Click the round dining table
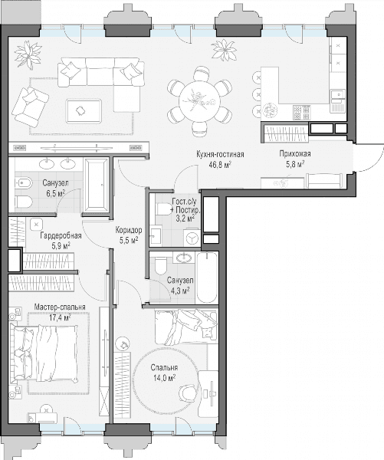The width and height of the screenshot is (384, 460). (199, 100)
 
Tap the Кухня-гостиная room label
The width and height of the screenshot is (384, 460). (220, 154)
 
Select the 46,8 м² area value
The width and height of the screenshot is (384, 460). (219, 164)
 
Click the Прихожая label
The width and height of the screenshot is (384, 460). (295, 154)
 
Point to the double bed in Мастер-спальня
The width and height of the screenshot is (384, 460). (44, 353)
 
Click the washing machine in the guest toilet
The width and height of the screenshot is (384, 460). (192, 238)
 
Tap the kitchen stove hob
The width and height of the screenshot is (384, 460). (301, 113)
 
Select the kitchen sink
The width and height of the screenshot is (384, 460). (338, 95)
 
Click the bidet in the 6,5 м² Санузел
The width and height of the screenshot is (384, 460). (22, 183)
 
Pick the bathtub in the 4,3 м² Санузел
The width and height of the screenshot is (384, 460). (207, 278)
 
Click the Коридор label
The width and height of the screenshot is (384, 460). (129, 230)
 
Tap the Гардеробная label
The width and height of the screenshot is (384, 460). (61, 235)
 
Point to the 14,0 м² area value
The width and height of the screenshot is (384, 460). (164, 377)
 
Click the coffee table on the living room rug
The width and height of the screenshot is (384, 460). (84, 111)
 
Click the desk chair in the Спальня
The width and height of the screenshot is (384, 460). (188, 393)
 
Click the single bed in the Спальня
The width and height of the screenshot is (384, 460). (186, 327)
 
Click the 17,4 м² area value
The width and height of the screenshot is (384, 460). (60, 317)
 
